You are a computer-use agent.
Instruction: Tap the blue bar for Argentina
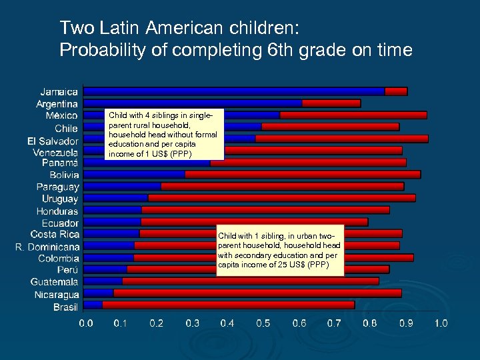[x=193, y=103]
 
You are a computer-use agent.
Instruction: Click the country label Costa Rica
[x=55, y=235]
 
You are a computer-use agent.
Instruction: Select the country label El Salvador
[x=53, y=141]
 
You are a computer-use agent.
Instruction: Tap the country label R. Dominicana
[x=47, y=247]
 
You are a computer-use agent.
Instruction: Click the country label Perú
[x=67, y=270]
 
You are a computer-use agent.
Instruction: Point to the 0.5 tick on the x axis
[x=263, y=323]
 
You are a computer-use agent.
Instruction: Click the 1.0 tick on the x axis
[x=441, y=323]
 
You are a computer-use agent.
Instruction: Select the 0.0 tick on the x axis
[x=86, y=323]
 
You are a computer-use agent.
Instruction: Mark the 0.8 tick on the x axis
[x=370, y=323]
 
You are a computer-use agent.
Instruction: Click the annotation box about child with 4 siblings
[x=162, y=135]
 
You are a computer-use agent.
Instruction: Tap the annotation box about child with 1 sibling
[x=280, y=250]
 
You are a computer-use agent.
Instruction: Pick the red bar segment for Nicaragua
[x=257, y=293]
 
